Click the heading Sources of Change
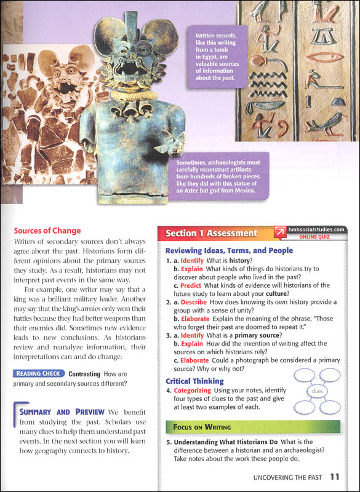point(47,231)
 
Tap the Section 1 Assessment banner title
point(211,233)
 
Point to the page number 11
point(334,476)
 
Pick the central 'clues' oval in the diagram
point(317,390)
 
